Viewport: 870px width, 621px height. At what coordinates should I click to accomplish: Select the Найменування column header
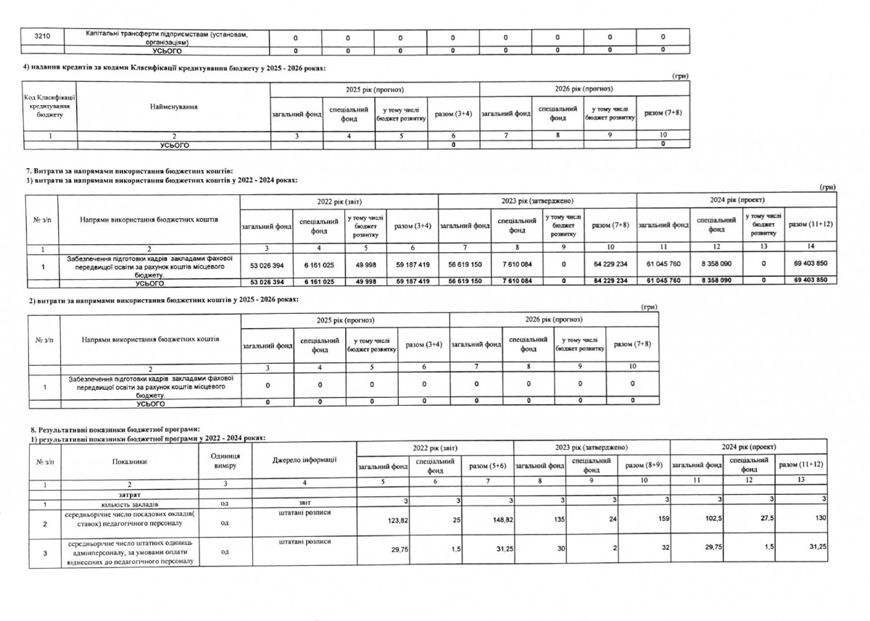point(173,107)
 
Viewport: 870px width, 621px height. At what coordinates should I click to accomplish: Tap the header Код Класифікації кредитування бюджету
point(50,107)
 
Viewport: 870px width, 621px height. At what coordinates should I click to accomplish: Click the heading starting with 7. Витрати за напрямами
point(129,170)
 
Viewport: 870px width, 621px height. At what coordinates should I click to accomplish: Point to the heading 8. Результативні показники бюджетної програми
point(112,429)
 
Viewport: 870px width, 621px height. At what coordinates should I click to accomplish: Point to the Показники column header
point(130,460)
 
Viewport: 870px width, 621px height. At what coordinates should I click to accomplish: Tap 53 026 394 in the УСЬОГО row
point(269,280)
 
